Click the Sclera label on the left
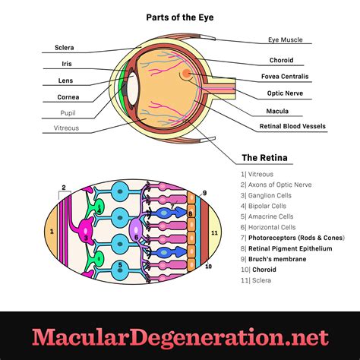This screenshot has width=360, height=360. (x=65, y=48)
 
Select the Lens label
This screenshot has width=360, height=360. (x=65, y=81)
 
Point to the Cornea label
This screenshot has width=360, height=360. (x=68, y=97)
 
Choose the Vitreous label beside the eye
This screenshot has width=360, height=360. (x=66, y=128)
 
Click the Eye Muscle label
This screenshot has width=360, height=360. (x=286, y=39)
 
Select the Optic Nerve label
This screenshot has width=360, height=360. (x=286, y=93)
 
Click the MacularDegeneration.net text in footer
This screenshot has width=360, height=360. (x=180, y=336)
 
